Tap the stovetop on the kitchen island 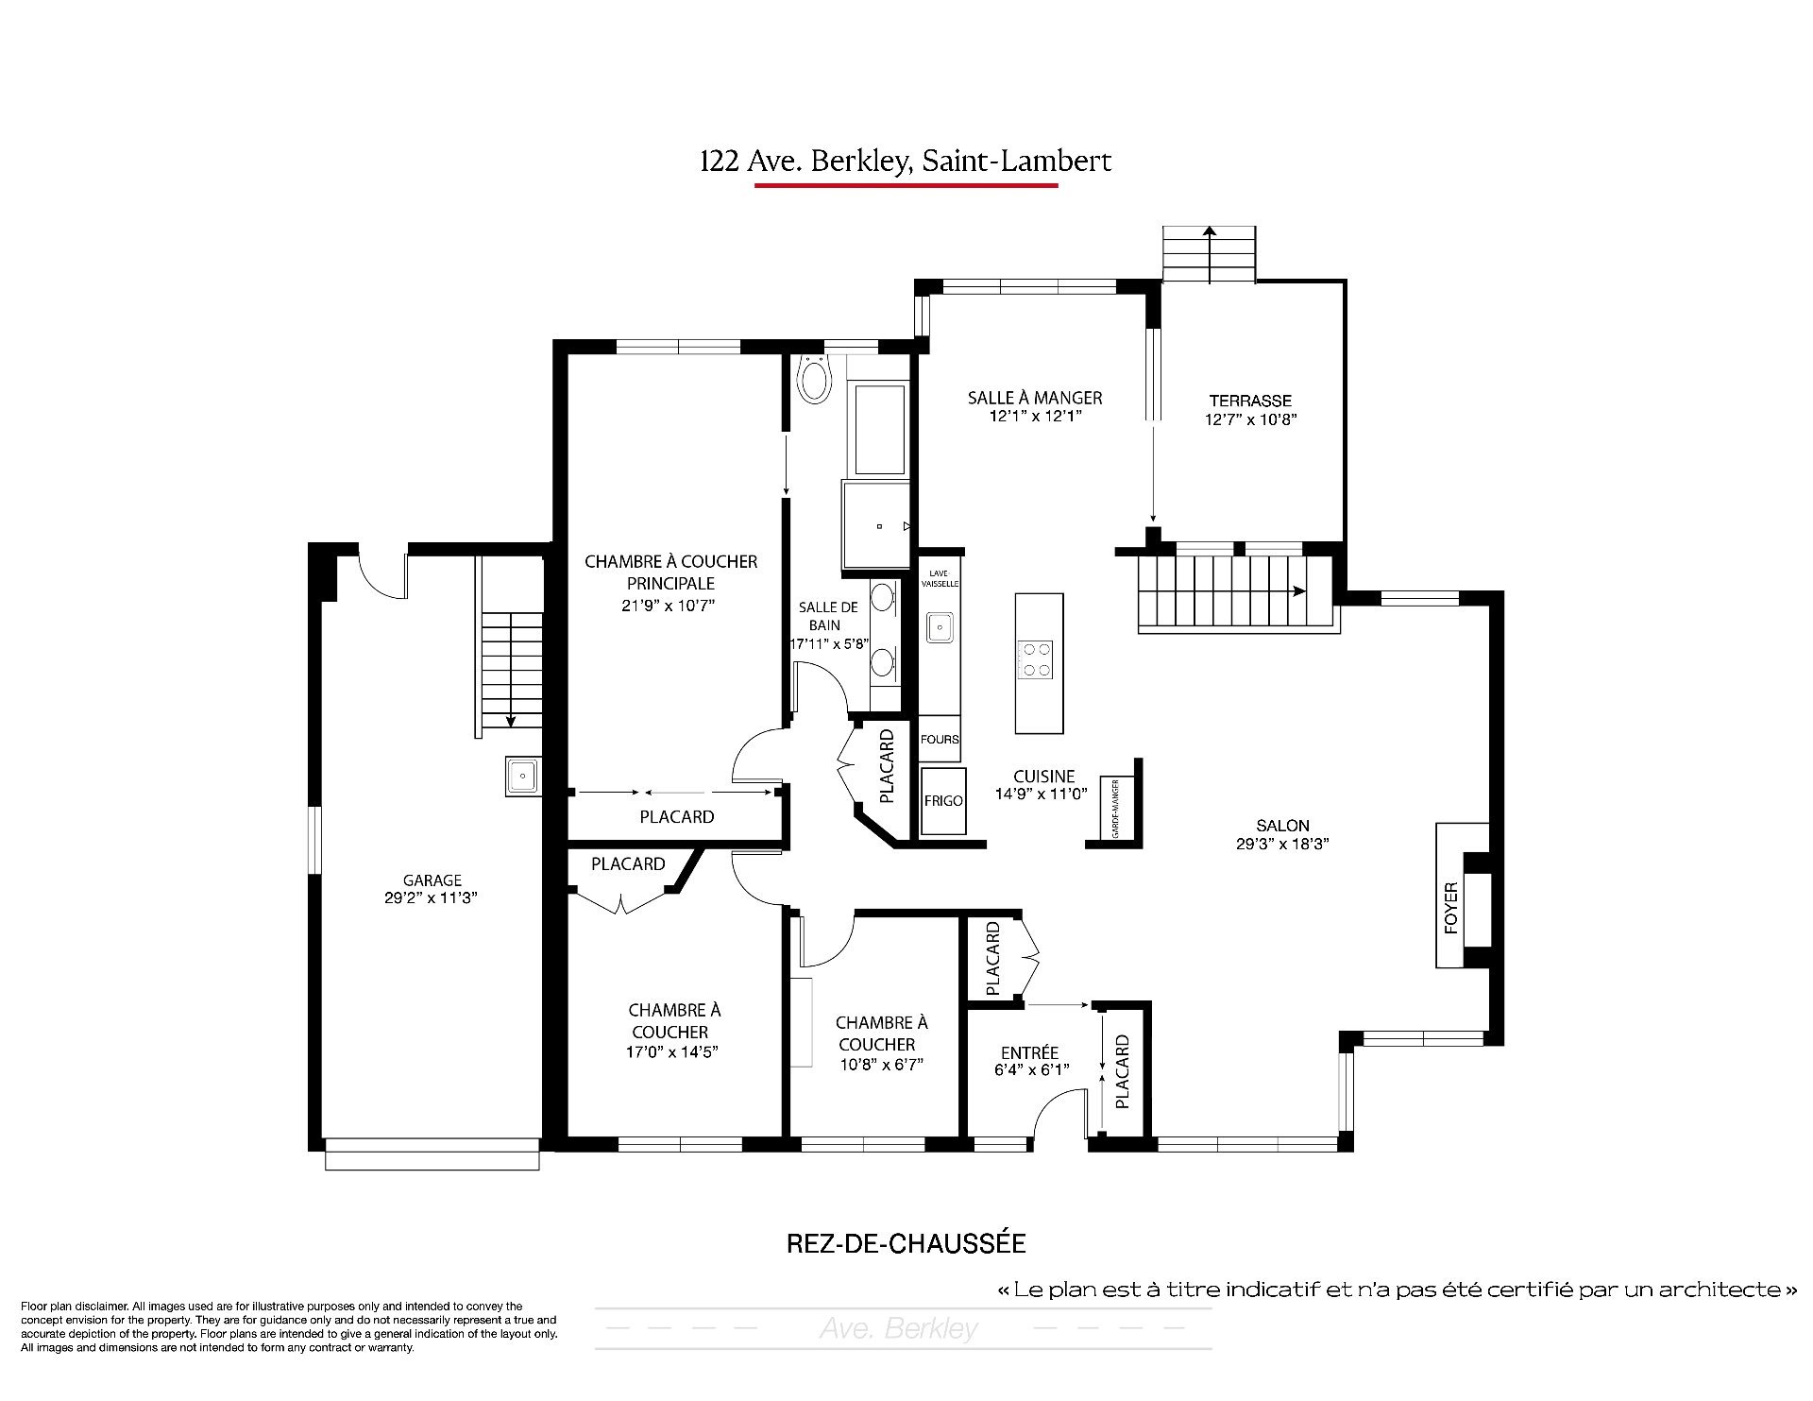click(1034, 658)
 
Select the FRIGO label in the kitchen click(943, 801)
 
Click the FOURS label click(940, 740)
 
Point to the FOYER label click(1451, 908)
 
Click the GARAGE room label click(432, 880)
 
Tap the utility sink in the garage click(522, 777)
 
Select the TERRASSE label click(1250, 401)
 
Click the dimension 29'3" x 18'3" click(1282, 845)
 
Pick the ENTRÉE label click(1029, 1052)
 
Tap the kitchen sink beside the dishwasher click(940, 625)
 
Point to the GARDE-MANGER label click(1115, 809)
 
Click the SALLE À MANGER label click(1035, 398)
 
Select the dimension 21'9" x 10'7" click(670, 606)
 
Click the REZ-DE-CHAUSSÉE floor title click(906, 1243)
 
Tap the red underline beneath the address click(906, 185)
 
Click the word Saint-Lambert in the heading click(1017, 162)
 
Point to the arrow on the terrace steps click(1209, 254)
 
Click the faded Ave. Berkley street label click(899, 1329)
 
